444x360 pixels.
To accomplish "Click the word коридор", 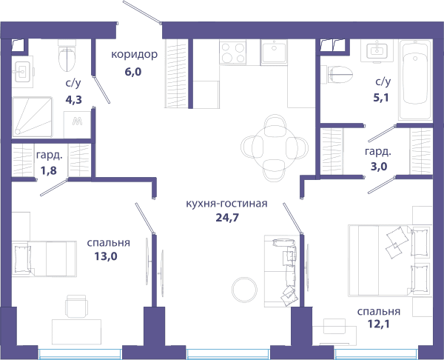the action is coord(134,54).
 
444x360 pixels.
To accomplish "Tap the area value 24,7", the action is coord(227,218).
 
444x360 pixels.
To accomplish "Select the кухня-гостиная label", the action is coord(226,204).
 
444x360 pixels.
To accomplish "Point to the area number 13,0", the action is coord(106,256).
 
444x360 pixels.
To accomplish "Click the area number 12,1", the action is coord(378,324).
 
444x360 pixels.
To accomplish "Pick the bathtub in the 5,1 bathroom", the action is coord(415,80).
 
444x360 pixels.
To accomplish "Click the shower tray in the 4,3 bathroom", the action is coord(32,117).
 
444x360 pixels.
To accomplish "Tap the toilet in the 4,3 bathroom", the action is coord(67,56).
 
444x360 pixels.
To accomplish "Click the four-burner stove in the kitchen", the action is coord(233,52).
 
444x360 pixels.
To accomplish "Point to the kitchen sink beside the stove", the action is coord(274,52).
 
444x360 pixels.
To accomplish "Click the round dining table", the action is coord(275,148).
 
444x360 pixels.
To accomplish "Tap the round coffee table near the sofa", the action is coord(244,290).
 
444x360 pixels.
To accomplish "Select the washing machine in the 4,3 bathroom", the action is coord(77,124).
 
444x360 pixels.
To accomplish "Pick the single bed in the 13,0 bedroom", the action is coord(44,259).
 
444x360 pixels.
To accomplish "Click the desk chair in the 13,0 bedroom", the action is coord(76,307).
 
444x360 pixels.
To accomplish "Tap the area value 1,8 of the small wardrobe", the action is coord(48,170).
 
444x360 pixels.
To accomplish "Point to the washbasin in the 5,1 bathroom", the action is coord(377,50).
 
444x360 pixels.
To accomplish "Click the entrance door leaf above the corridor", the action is coord(141,11).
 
